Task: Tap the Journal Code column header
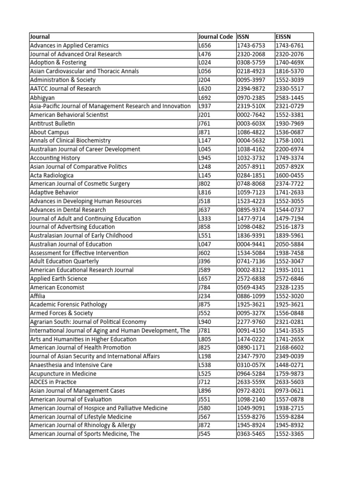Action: tap(216, 37)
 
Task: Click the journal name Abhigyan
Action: tap(42, 97)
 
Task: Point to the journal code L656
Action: tap(205, 45)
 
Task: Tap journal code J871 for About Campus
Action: tap(205, 132)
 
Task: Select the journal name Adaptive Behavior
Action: tap(54, 192)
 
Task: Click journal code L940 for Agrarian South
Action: tap(205, 322)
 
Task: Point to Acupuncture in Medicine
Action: tap(63, 374)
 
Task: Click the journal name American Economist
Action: tap(57, 287)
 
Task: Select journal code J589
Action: tap(205, 270)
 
